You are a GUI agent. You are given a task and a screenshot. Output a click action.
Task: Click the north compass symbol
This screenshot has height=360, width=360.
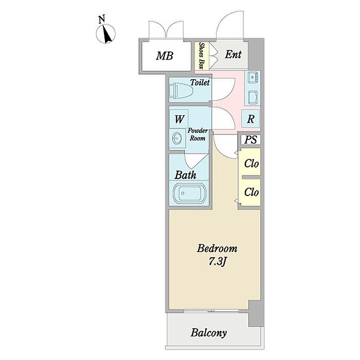106,33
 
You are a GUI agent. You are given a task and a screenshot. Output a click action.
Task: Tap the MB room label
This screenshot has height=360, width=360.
165,56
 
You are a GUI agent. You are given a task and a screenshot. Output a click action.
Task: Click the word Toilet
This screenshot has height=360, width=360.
200,82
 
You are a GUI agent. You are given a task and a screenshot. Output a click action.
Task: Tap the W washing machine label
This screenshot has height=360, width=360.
179,119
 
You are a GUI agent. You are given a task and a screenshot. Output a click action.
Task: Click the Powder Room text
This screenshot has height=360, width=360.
197,134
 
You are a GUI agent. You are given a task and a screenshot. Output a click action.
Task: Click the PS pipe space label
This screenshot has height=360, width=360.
250,139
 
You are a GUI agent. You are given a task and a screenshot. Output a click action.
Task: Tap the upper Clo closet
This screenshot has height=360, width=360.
251,164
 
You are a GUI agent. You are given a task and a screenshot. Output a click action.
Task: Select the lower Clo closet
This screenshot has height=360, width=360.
251,192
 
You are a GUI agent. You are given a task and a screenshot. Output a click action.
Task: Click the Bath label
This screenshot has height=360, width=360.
186,175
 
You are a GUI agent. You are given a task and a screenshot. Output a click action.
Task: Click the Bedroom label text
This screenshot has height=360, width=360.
218,249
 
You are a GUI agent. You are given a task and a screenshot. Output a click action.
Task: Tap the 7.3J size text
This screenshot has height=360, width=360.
218,261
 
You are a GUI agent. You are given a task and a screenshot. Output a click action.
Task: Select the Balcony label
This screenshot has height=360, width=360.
209,333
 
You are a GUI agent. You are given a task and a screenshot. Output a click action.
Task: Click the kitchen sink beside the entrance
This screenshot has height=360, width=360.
253,78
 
